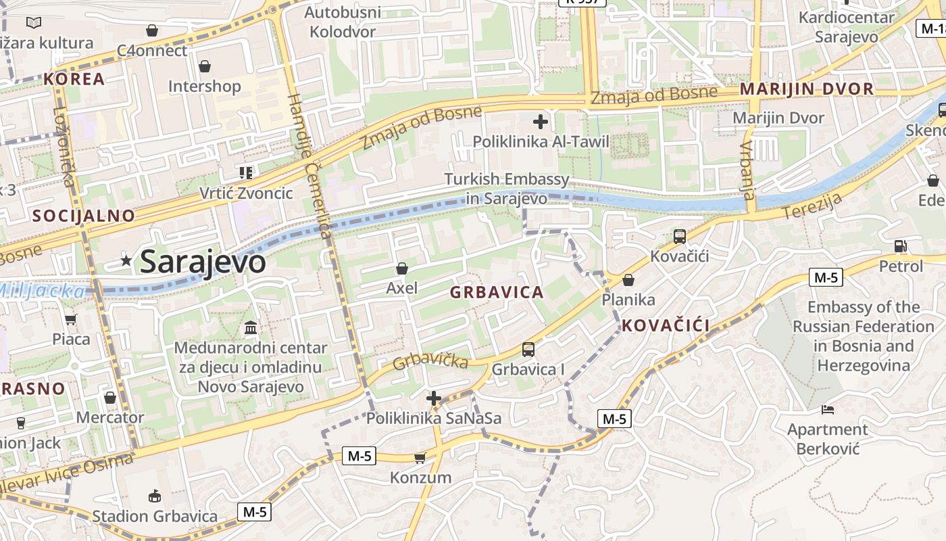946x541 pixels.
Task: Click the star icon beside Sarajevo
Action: click(x=126, y=260)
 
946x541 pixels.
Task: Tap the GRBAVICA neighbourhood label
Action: click(x=497, y=292)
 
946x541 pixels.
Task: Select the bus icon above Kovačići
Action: click(x=679, y=237)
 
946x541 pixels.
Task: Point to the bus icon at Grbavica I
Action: click(x=528, y=350)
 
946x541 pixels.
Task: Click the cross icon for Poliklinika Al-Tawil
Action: click(x=540, y=122)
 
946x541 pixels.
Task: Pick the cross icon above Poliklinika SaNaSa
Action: click(x=434, y=398)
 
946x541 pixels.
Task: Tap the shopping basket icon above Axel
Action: click(x=402, y=268)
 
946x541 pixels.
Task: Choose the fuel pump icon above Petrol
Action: click(x=900, y=246)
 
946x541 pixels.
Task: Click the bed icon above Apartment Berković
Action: click(x=828, y=409)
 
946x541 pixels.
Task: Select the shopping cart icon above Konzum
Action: click(x=420, y=458)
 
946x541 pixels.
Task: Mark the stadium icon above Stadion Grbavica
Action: click(x=155, y=496)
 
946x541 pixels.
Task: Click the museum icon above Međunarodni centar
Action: click(x=251, y=328)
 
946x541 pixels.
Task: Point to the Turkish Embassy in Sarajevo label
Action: click(x=507, y=189)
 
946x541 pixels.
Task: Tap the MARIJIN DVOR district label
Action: click(x=807, y=89)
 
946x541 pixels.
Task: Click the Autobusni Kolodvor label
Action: click(x=343, y=22)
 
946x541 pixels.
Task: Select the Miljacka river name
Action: click(x=42, y=291)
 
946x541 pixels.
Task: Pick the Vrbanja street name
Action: click(x=747, y=170)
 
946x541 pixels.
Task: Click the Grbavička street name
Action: click(x=430, y=360)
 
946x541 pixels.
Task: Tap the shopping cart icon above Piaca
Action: click(x=70, y=319)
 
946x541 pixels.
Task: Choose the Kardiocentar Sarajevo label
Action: click(x=846, y=26)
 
